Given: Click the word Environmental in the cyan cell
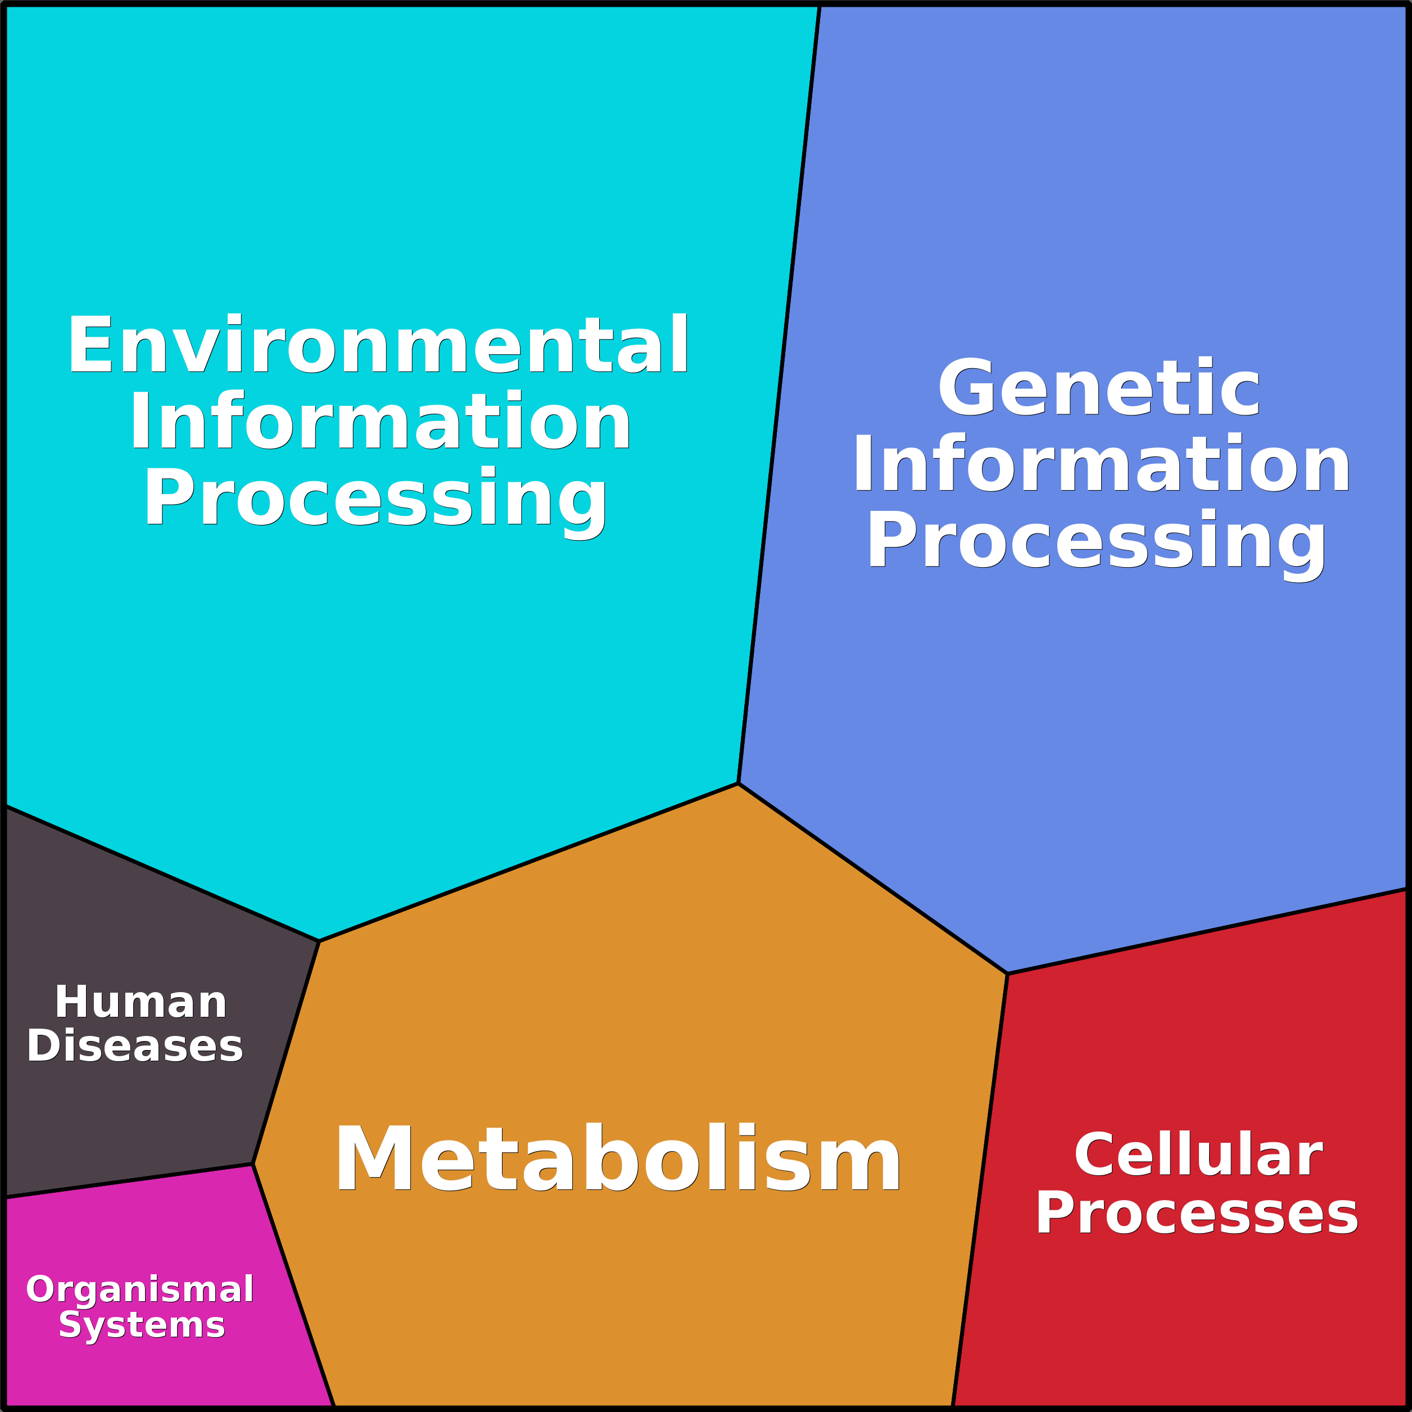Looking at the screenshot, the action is tap(378, 343).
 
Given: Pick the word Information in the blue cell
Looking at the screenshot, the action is tap(1101, 463).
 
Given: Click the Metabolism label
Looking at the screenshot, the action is tap(618, 1159).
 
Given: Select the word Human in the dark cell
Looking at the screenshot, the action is tap(141, 1002).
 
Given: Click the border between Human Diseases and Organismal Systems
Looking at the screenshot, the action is tap(129, 1181).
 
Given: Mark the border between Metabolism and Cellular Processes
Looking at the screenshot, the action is tap(980, 1189).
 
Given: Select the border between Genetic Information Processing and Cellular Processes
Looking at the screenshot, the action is tap(1207, 931).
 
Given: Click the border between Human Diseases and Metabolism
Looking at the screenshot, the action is tap(286, 1052).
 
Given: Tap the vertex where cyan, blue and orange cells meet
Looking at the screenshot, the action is tap(738, 784).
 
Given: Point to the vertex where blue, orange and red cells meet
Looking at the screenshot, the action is tap(1007, 974).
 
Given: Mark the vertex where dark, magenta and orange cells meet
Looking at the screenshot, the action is tap(253, 1164).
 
